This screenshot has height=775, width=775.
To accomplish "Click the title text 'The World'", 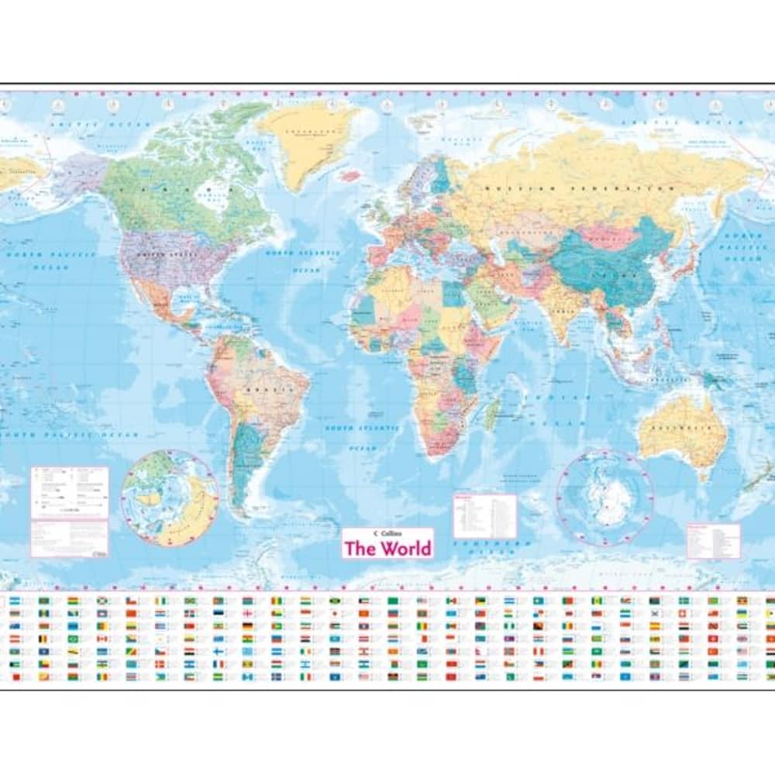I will pyautogui.click(x=387, y=549).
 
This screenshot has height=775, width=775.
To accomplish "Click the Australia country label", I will pyautogui.click(x=681, y=428).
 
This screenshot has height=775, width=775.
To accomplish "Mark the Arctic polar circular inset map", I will pyautogui.click(x=170, y=498).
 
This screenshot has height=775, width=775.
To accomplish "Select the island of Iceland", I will pyautogui.click(x=350, y=175).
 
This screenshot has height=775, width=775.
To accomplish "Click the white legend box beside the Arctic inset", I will pyautogui.click(x=70, y=492).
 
